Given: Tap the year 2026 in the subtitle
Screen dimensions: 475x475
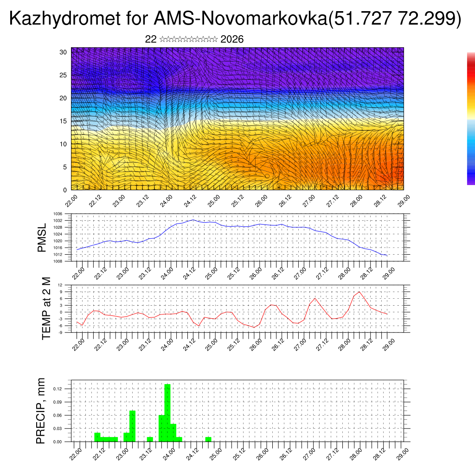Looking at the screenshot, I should coord(232,39).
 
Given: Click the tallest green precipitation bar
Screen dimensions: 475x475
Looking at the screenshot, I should coord(167,412).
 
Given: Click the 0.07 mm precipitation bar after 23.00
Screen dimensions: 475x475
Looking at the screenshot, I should coord(132,426).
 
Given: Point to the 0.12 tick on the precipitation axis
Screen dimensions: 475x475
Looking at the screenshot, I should coord(64,388).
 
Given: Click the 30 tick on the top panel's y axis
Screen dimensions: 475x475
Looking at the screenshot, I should coord(64,52).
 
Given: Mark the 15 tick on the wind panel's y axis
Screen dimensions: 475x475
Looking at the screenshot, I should coord(64,121).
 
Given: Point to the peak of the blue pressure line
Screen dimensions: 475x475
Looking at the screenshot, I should coord(193,220).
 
